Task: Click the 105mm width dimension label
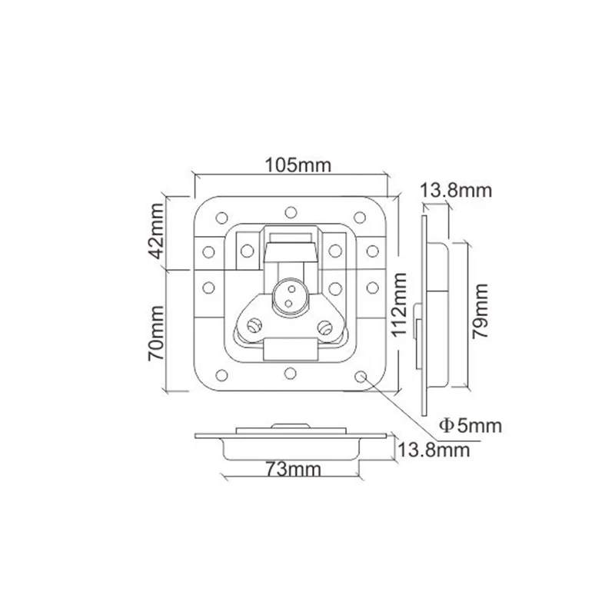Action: point(298,165)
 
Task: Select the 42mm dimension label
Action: point(157,231)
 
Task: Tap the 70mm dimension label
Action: point(156,333)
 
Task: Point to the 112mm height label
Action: point(399,304)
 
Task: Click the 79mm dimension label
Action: point(480,311)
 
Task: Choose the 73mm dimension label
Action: point(294,469)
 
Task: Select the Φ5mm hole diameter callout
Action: point(470,426)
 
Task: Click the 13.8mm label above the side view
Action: point(456,191)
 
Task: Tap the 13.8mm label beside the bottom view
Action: point(434,450)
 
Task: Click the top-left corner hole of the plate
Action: point(222,218)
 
